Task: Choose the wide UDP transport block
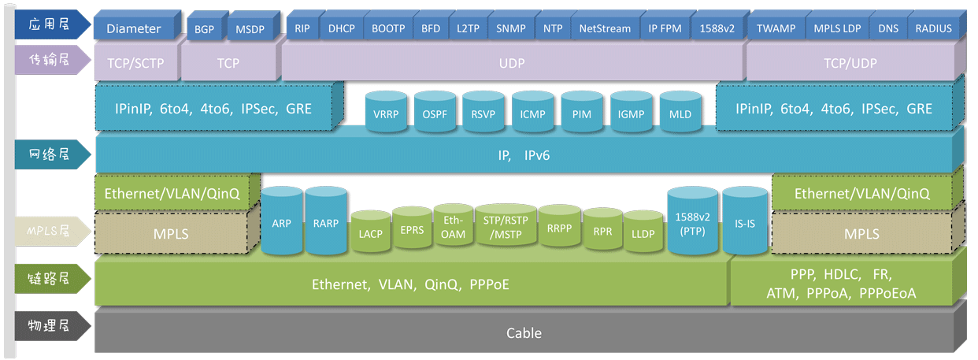(x=513, y=61)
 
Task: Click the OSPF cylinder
(x=435, y=111)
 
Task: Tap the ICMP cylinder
(x=532, y=111)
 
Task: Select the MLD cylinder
(x=680, y=111)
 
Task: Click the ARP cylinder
(x=282, y=221)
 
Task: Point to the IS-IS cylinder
(x=745, y=221)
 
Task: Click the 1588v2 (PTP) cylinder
(x=692, y=221)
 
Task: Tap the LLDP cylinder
(x=643, y=232)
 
